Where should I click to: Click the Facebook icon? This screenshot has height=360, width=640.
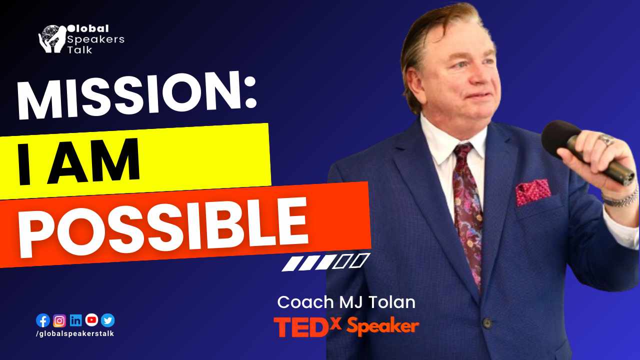coord(43,320)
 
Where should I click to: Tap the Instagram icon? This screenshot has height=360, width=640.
coord(59,321)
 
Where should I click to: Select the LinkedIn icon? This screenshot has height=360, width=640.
coord(75,320)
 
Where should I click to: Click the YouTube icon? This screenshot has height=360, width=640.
coord(91,320)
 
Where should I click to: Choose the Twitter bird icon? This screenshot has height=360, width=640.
coord(107,320)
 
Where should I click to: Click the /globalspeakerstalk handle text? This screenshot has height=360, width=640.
coord(75,333)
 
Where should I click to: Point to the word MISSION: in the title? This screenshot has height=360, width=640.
coord(136,95)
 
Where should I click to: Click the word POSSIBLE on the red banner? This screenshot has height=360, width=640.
coord(163,227)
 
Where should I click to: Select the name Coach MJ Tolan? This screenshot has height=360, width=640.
coord(346,302)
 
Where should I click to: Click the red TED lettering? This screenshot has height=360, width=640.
coord(300,327)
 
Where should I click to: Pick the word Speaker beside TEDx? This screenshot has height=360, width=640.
coord(383,326)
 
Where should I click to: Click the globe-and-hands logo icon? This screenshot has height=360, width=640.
coord(51,39)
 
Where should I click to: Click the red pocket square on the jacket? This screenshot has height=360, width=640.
coord(533,192)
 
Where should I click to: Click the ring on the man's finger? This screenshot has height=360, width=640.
coord(606,139)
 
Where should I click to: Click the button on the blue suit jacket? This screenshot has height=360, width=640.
coord(487,323)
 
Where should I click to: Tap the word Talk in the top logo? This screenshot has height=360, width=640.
coord(79,50)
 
